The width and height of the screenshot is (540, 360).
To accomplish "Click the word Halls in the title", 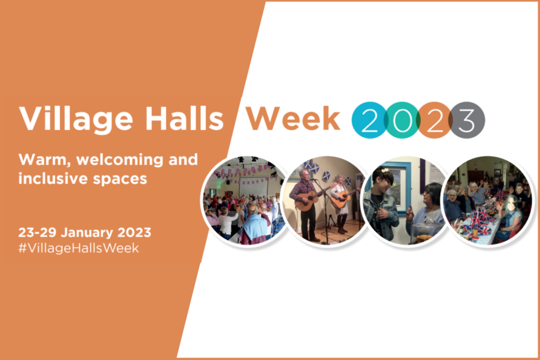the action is pyautogui.click(x=184, y=118).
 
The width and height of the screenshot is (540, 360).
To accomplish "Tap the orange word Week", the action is pyautogui.click(x=293, y=118).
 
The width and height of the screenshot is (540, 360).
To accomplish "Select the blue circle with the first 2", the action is pyautogui.click(x=369, y=120).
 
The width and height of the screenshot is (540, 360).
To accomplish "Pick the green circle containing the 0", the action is pyautogui.click(x=401, y=120).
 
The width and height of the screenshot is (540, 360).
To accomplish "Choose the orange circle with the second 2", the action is pyautogui.click(x=434, y=120).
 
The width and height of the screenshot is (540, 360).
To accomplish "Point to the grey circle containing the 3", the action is pyautogui.click(x=467, y=120).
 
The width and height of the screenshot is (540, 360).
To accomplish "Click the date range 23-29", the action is pyautogui.click(x=37, y=233).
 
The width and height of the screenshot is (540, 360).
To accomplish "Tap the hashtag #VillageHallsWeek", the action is pyautogui.click(x=79, y=248).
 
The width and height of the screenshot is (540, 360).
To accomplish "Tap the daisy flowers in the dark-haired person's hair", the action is pyautogui.click(x=385, y=170).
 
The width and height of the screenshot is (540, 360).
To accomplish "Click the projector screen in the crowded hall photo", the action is pyautogui.click(x=254, y=187).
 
